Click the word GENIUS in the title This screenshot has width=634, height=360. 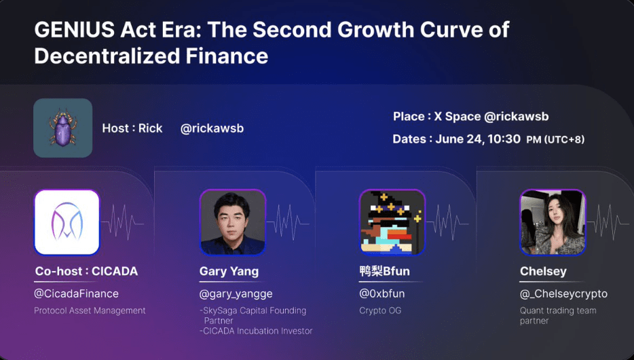point(75,29)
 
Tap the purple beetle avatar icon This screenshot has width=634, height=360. point(62,128)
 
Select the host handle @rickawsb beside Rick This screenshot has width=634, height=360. point(212,128)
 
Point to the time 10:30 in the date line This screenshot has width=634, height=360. point(504,139)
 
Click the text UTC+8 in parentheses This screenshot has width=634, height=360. point(565,139)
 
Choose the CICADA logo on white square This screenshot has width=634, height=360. point(67,222)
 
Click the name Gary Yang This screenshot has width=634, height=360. point(229,272)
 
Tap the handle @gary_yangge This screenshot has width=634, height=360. point(236,294)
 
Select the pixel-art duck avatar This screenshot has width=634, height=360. point(392,223)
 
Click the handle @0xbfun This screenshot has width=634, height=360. point(381,293)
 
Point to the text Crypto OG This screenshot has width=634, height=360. point(380,310)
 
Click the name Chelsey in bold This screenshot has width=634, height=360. point(543,272)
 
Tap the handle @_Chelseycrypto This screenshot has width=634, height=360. point(563,294)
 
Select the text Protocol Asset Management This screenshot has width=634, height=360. point(90,310)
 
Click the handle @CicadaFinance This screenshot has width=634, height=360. point(77,293)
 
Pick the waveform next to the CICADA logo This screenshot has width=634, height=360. point(122,223)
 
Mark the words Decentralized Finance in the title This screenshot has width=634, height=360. point(151,56)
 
